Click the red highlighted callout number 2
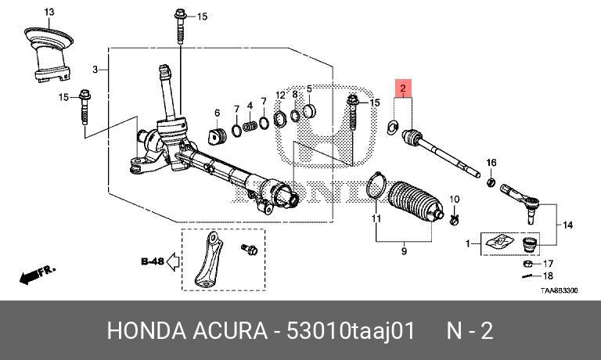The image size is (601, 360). click(x=403, y=89)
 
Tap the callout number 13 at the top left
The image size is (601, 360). click(x=49, y=12)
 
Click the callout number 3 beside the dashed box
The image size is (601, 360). click(x=95, y=70)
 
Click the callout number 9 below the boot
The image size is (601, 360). click(x=404, y=252)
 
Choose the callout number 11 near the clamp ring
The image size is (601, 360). click(x=376, y=218)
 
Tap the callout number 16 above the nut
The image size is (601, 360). click(x=491, y=163)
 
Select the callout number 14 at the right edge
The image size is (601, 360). click(x=567, y=225)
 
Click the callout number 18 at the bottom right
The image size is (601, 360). click(x=548, y=276)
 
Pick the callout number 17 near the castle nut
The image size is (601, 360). click(x=548, y=263)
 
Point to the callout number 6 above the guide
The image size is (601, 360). click(x=218, y=113)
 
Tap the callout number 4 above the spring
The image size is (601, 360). click(x=250, y=106)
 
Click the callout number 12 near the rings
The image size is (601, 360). click(x=280, y=95)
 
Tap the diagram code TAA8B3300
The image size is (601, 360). click(x=559, y=290)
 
